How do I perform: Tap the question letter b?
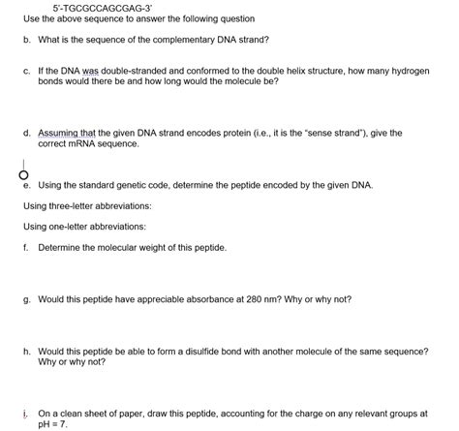click(26, 40)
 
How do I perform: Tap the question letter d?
click(26, 133)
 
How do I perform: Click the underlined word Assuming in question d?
click(58, 133)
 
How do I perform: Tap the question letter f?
click(26, 248)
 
